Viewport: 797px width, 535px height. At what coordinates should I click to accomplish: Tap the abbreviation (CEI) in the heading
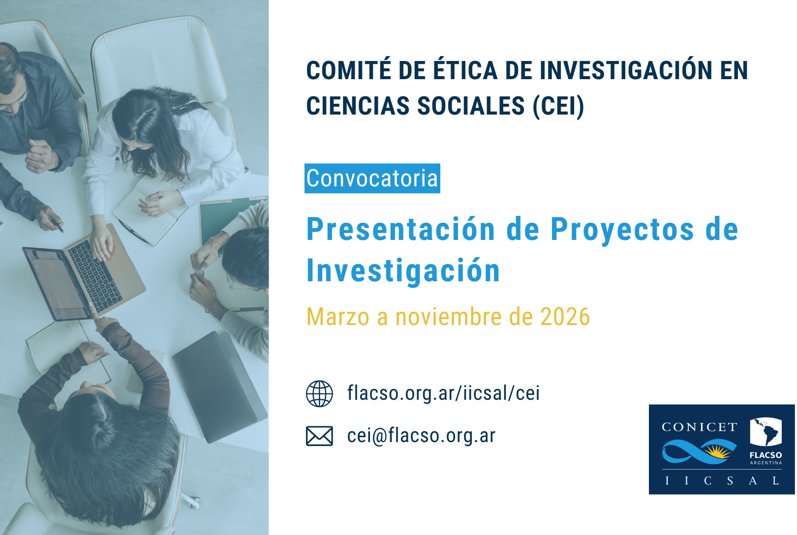tap(558, 106)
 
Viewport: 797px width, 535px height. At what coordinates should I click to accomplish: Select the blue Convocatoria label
tap(372, 178)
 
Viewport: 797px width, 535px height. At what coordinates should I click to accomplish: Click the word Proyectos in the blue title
tap(622, 230)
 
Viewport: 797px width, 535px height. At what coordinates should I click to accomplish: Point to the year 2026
tap(565, 317)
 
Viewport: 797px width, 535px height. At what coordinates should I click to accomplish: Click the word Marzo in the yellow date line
tap(338, 317)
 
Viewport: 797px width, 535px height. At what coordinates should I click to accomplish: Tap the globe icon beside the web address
tap(319, 394)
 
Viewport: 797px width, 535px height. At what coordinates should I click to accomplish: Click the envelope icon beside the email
tap(319, 436)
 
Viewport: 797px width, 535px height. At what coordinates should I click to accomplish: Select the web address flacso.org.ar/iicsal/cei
tap(443, 393)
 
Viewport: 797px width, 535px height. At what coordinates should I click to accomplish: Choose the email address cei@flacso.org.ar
tap(421, 435)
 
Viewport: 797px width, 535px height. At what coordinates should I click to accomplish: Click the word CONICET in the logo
tap(700, 427)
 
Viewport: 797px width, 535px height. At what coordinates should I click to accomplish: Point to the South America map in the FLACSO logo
tap(766, 431)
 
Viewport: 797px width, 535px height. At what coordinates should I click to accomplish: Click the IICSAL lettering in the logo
tap(722, 481)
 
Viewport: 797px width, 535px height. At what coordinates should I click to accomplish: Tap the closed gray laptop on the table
tap(219, 387)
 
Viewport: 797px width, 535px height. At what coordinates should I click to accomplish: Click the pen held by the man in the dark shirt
tap(58, 225)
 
